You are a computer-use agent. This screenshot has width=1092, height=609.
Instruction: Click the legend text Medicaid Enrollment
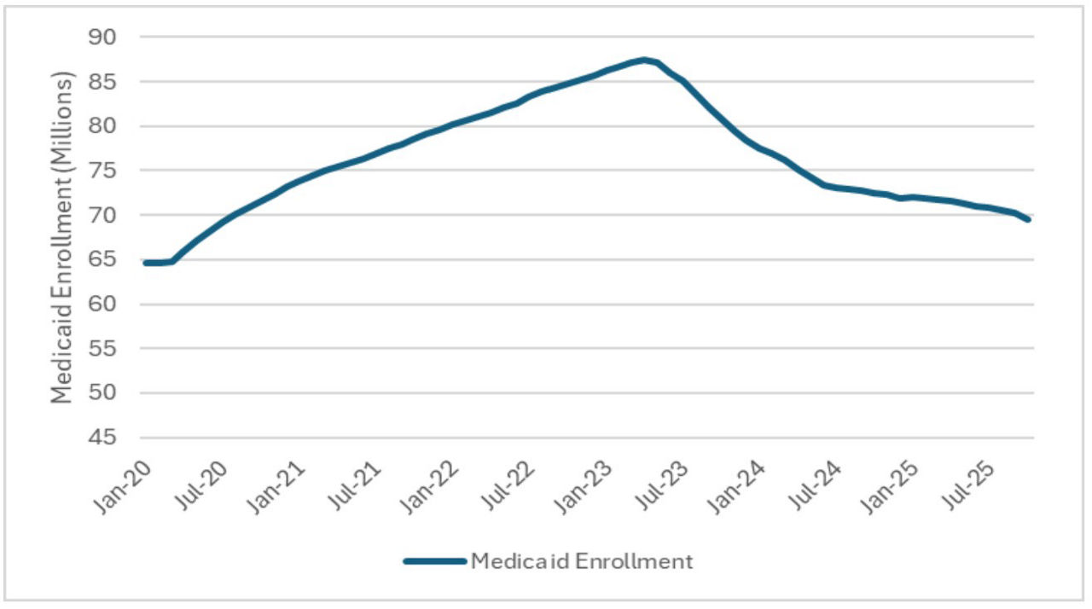coord(581,561)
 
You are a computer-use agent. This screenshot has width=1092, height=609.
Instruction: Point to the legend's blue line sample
coord(434,561)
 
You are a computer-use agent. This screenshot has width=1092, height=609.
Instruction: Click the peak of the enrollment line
coord(644,60)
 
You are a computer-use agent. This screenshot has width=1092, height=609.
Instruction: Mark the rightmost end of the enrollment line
coord(1028,219)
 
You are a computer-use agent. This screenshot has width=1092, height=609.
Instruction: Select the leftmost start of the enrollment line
coord(145,263)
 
